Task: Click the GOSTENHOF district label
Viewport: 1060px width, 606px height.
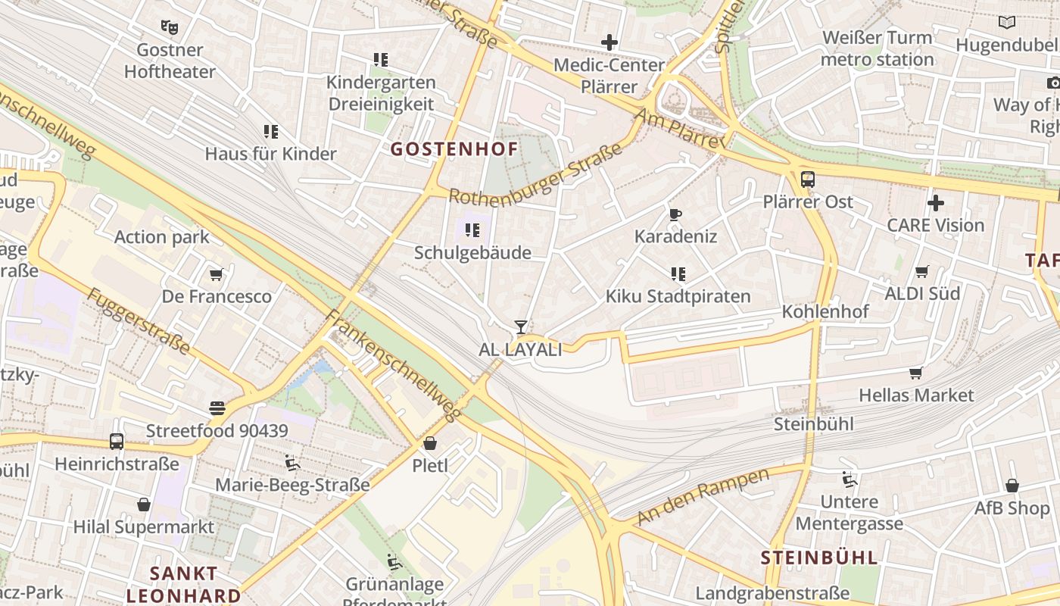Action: [454, 149]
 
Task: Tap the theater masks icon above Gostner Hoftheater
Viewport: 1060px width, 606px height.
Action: [170, 27]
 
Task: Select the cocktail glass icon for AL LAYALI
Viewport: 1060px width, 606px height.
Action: [520, 327]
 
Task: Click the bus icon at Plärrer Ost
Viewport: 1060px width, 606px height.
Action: [808, 180]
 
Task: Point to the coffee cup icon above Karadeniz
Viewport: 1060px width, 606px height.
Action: [675, 214]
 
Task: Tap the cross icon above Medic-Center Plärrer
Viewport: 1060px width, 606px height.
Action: [609, 42]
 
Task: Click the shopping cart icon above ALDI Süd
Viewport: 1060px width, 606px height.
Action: [921, 271]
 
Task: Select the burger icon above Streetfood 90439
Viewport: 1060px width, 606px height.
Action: [217, 408]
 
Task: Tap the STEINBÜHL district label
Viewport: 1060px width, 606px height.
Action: [819, 558]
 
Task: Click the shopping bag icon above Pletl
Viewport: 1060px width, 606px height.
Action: [430, 443]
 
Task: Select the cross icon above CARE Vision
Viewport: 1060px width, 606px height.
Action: [936, 203]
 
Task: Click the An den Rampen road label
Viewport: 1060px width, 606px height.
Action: [703, 496]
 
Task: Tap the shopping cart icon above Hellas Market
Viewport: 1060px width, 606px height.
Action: [916, 373]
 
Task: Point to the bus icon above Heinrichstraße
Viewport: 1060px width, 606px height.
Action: [117, 441]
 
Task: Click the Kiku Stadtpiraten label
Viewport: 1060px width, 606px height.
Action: [678, 296]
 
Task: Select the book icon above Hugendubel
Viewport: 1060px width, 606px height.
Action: [1006, 23]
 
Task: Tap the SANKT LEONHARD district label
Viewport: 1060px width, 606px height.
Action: [183, 584]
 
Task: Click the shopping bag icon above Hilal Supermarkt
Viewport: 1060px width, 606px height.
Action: [144, 504]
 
